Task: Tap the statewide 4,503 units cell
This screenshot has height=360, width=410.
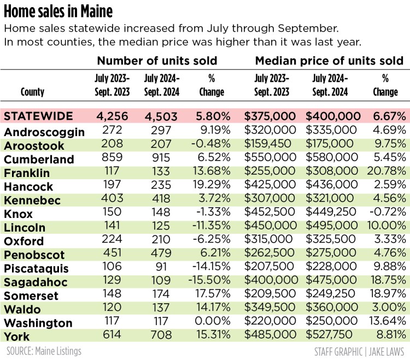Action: coord(162,116)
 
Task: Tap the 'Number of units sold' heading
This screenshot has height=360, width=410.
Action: coord(157,60)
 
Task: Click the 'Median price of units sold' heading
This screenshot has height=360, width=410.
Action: coord(329,60)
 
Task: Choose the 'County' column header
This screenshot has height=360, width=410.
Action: coord(32,92)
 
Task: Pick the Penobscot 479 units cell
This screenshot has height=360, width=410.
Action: coord(162,255)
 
